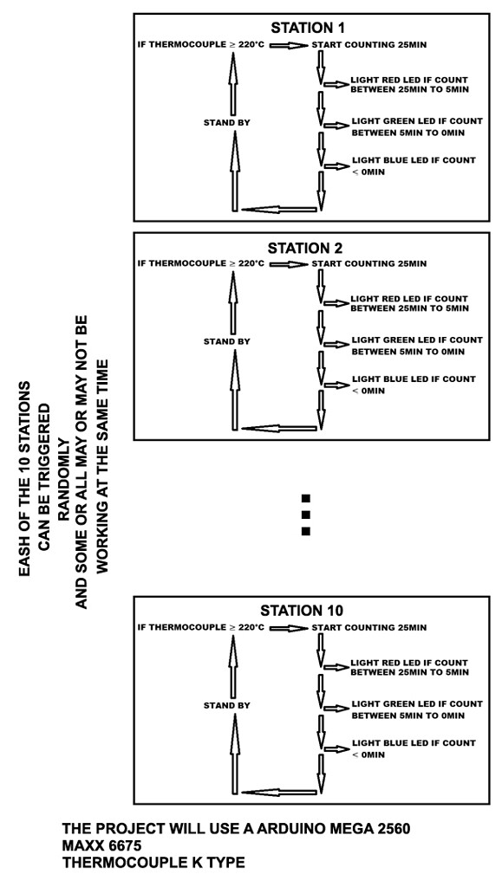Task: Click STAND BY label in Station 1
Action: click(x=226, y=122)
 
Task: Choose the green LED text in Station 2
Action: click(x=416, y=346)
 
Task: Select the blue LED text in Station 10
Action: click(x=413, y=748)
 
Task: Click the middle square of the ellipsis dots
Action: click(x=305, y=515)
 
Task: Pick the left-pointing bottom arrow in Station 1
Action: click(x=278, y=209)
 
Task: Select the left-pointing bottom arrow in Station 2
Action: click(x=278, y=428)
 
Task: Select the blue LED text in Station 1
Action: click(x=413, y=165)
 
